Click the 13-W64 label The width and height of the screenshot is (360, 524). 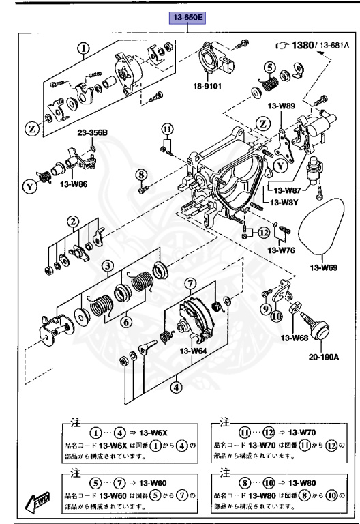[193, 352]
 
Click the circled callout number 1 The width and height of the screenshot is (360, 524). [83, 48]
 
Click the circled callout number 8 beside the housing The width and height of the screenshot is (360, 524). [142, 175]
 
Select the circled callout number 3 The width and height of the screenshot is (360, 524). [108, 265]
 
